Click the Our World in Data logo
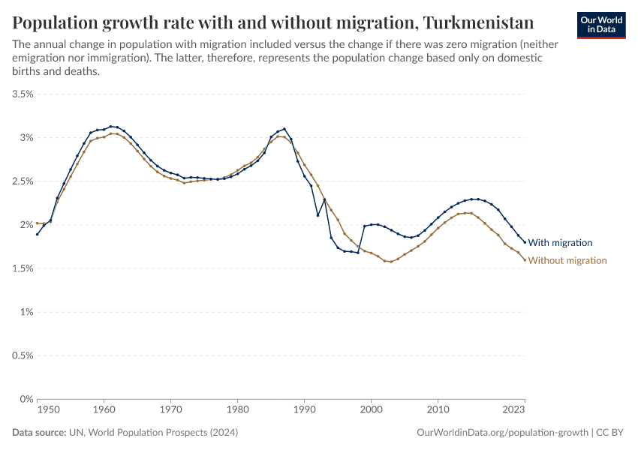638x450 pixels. point(601,24)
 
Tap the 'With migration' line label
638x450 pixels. point(560,242)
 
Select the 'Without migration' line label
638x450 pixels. point(567,260)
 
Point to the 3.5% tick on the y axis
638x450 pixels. point(23,94)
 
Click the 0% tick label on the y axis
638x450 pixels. point(27,399)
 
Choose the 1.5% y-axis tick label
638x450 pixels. point(23,268)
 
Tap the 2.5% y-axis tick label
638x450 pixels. point(23,181)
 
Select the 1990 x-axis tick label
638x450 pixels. point(304,410)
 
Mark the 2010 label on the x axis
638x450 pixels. point(438,410)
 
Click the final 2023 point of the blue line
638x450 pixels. point(525,242)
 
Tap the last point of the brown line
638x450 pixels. point(525,260)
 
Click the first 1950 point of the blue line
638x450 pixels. point(37,234)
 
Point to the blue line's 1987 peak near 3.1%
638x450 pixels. point(284,129)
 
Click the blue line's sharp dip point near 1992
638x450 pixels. point(317,215)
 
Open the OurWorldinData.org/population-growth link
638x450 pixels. point(501,433)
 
